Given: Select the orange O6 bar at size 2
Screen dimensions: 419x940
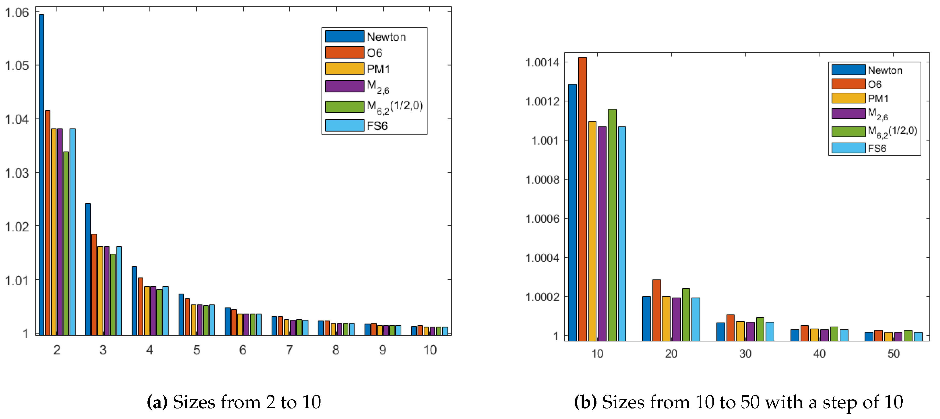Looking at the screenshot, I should coord(47,223).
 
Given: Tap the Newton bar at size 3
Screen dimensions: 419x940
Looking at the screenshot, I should coord(88,269).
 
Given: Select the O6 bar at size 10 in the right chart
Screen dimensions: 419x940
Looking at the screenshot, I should coord(582,199).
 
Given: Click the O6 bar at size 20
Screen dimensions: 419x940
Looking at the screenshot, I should coord(656,310).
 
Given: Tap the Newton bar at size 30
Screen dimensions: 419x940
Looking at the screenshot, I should coord(721,331).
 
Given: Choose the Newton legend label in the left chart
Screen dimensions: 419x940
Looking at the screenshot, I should coord(386,37).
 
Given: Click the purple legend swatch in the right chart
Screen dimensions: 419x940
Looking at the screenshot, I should coord(848,113).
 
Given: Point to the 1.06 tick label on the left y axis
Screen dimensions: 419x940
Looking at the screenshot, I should coord(17,13).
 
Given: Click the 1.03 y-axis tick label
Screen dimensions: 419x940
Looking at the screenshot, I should coord(17,173).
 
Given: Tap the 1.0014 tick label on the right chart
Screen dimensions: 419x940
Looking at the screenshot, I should coord(542,62).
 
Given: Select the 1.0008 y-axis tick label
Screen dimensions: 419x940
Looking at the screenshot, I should coord(542,180).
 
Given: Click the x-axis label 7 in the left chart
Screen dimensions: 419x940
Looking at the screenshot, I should coord(289,350).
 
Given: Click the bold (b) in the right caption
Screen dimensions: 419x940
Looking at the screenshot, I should coord(585,402).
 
